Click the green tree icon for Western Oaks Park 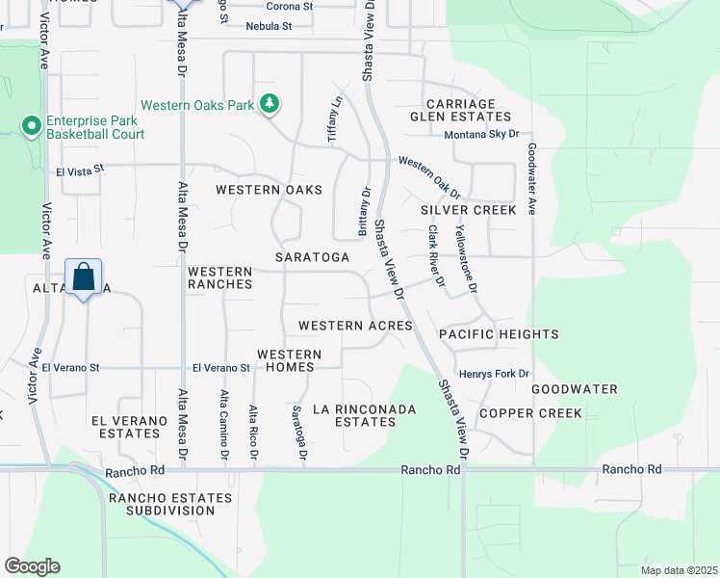pyautogui.click(x=270, y=103)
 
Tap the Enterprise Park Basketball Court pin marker pyautogui.click(x=31, y=125)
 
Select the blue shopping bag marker pyautogui.click(x=84, y=277)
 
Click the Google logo pyautogui.click(x=31, y=566)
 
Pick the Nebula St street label pyautogui.click(x=268, y=26)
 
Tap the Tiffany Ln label pyautogui.click(x=335, y=120)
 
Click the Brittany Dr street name pyautogui.click(x=365, y=212)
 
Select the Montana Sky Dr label pyautogui.click(x=481, y=135)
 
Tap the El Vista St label pyautogui.click(x=79, y=171)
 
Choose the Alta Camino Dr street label pyautogui.click(x=224, y=425)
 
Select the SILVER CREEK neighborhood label pyautogui.click(x=469, y=210)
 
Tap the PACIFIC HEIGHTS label pyautogui.click(x=499, y=334)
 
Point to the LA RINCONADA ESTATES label pyautogui.click(x=365, y=415)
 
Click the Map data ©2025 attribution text pyautogui.click(x=678, y=570)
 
